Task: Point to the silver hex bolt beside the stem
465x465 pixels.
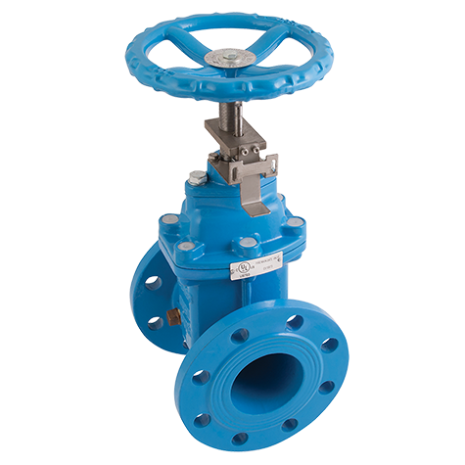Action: (200, 178)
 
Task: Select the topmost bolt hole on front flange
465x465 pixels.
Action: (295, 322)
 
